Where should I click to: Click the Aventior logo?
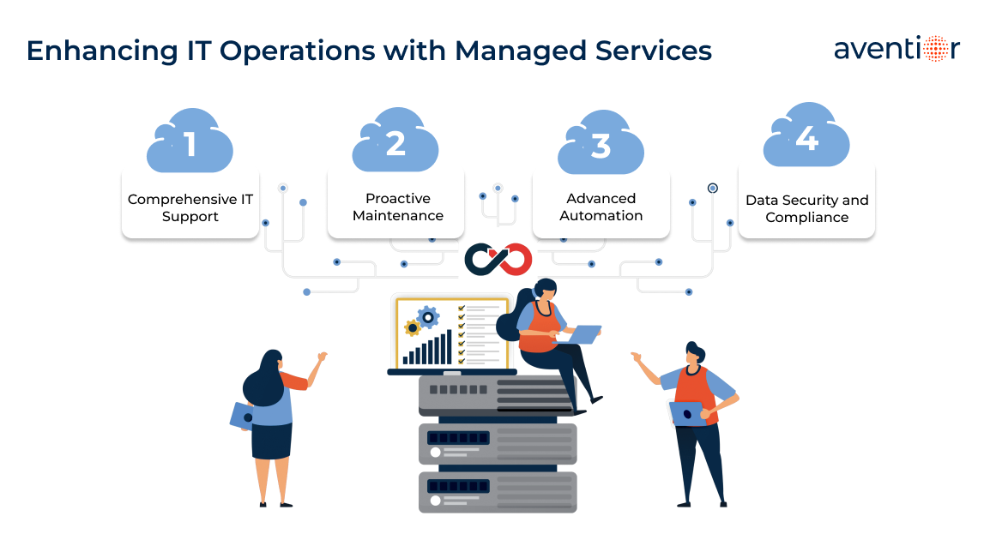coord(896,49)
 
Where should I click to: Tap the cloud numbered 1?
coord(190,143)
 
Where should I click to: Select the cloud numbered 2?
coord(395,142)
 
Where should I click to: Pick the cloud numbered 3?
coord(601,145)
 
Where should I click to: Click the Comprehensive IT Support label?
coord(190,207)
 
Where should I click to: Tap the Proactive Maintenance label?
coord(398,207)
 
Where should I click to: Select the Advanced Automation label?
coord(601,207)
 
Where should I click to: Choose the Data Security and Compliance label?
coord(806,208)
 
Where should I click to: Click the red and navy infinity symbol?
coord(498,258)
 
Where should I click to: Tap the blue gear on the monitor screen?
coord(427,317)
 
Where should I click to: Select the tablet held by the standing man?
coord(687,413)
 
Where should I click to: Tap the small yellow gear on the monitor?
coord(412,327)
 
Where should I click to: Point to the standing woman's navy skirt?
coord(272,441)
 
